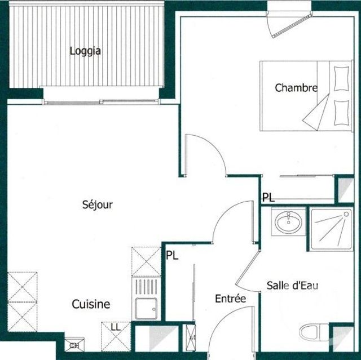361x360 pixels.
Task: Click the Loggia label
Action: coord(85,51)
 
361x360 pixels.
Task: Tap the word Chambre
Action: coord(296,88)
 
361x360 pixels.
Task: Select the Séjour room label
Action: coord(98,205)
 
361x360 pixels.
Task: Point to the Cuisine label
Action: coord(91,304)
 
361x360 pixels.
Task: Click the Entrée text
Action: coord(230,299)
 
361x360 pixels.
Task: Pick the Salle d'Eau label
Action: coord(292,286)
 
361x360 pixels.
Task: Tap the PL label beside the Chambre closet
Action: coord(269,197)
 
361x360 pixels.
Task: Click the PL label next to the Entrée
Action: coord(172,255)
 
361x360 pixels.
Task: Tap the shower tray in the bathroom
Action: coord(331,228)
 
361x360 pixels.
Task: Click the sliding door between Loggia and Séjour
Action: coord(102,102)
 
